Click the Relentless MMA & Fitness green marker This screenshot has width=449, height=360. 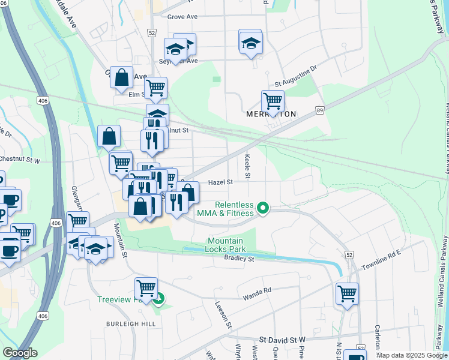tap(262, 208)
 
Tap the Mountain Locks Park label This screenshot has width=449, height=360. tap(226, 244)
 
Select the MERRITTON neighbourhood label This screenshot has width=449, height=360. tap(271, 113)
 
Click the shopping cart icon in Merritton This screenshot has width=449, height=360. tap(273, 101)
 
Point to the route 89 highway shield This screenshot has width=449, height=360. tap(320, 110)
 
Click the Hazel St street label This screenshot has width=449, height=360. tap(220, 181)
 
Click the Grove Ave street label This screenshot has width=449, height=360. tap(182, 17)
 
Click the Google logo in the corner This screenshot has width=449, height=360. tap(20, 353)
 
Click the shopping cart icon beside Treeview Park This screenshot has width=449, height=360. tap(146, 289)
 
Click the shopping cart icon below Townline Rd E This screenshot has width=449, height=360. tap(347, 294)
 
